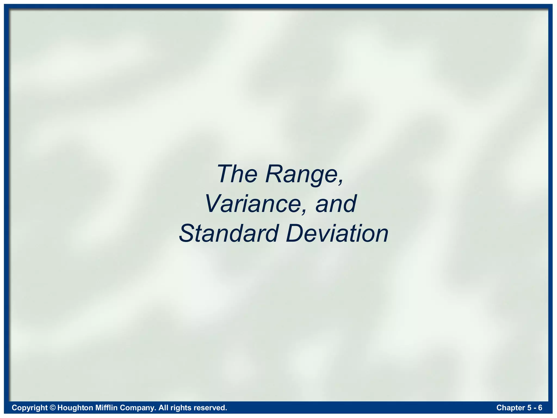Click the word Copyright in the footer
click(30, 408)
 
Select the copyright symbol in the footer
click(53, 408)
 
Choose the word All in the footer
click(163, 408)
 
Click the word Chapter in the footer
click(510, 408)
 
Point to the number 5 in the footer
click(529, 408)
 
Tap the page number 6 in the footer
click(540, 408)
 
